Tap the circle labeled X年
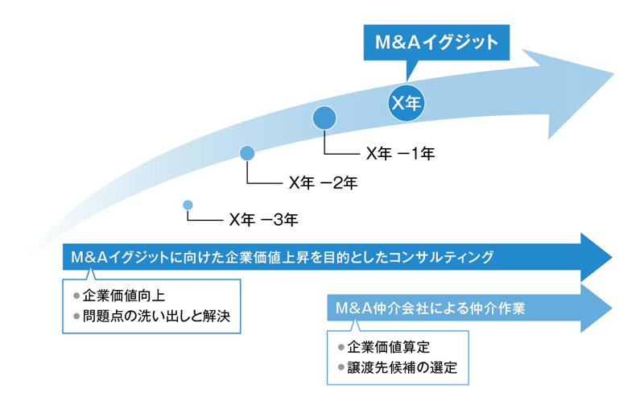pyautogui.click(x=407, y=102)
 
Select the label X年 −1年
pyautogui.click(x=400, y=153)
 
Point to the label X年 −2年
pyautogui.click(x=323, y=183)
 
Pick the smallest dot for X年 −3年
pyautogui.click(x=188, y=205)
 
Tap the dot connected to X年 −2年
pyautogui.click(x=247, y=152)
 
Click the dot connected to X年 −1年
pyautogui.click(x=324, y=118)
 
